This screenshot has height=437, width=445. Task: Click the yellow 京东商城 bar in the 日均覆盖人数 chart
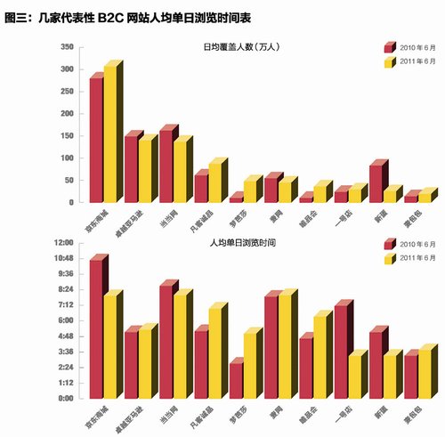[x=110, y=134]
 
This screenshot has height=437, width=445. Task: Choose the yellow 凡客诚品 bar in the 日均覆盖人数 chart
[x=215, y=182]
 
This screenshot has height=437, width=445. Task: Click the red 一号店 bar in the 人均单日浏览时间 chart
[x=340, y=351]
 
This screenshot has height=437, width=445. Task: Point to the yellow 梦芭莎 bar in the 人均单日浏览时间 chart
[x=250, y=365]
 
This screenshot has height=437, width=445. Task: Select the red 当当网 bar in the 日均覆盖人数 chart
[x=166, y=166]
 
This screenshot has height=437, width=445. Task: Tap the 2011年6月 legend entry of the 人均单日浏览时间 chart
[x=404, y=258]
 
